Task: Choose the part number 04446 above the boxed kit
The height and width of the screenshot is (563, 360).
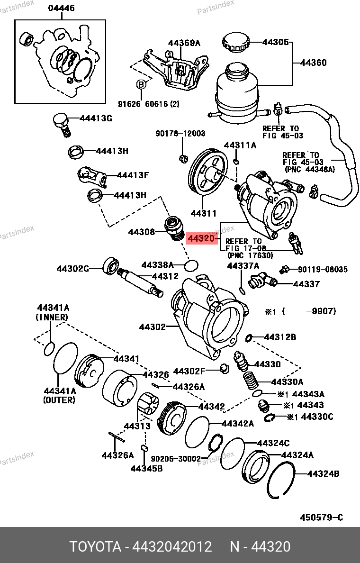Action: pos(61,9)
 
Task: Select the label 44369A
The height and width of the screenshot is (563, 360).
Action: pos(184,43)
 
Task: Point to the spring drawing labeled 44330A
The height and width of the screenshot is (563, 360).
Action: pos(251,381)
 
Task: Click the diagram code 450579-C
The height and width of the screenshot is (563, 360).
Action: pos(321,518)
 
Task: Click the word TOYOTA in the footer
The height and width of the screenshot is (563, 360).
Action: pos(95,546)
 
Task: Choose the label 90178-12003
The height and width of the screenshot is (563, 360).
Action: pos(180,134)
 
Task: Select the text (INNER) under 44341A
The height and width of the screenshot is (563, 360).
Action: pos(52,317)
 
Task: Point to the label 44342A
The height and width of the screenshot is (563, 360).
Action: pos(237,423)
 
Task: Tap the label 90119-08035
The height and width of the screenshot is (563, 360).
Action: pos(323,269)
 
